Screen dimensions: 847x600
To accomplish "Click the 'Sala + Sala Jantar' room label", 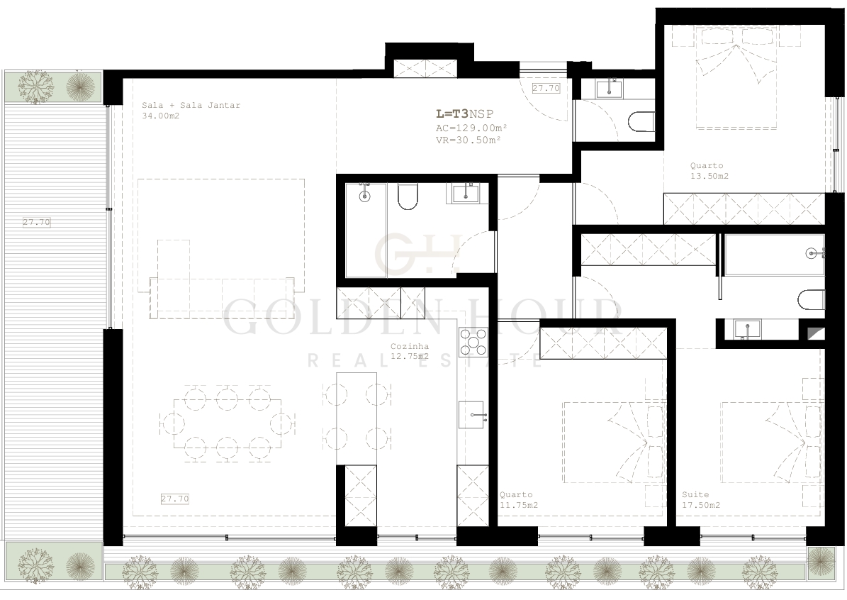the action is point(191,106).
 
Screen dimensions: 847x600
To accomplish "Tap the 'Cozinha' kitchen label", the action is point(410,347).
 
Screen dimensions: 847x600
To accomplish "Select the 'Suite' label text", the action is point(695,494).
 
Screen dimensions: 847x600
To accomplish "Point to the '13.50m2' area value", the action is point(709,176).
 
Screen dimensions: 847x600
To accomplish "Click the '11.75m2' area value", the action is point(519,506).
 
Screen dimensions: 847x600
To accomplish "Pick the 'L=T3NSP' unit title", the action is point(464,114).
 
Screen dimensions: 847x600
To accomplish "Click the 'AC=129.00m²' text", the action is point(471,128).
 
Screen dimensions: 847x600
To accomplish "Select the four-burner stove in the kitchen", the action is point(473,343).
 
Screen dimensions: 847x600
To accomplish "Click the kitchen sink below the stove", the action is point(473,415).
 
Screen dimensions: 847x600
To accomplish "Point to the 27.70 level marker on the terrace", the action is point(37,222).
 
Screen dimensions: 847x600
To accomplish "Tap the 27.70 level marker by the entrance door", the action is point(546,88).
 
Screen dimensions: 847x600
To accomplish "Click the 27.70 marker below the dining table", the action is point(175,499).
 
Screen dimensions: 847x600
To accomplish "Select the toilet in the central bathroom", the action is point(408,196).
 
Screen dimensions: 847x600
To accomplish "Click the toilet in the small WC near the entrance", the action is point(641,121).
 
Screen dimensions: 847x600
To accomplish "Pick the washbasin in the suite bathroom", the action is point(747,329).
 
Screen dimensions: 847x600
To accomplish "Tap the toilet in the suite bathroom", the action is point(812,299).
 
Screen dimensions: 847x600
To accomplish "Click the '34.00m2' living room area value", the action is point(160,116).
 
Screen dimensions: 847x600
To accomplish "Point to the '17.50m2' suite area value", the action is point(700,506).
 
